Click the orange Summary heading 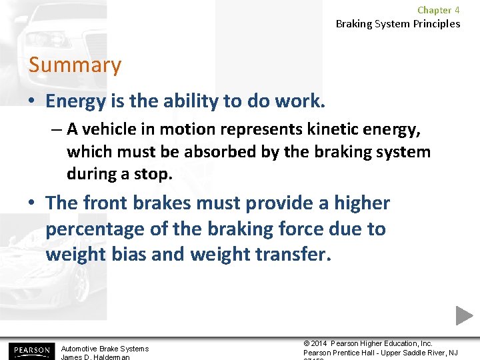click(x=75, y=65)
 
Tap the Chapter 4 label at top click(x=438, y=10)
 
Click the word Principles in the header click(x=435, y=24)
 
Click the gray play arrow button click(x=464, y=315)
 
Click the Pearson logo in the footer click(x=30, y=350)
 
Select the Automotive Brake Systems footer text click(x=105, y=349)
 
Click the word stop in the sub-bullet click(x=156, y=174)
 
